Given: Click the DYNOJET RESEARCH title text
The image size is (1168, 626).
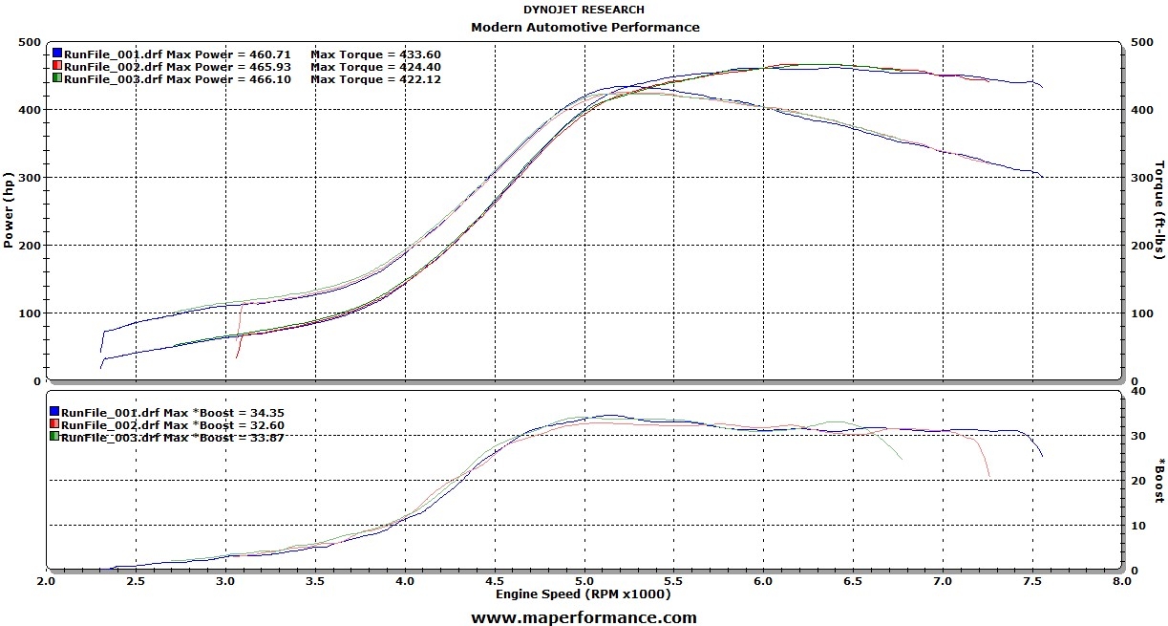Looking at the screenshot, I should (x=584, y=10).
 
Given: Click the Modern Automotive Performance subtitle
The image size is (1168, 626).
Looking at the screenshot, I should (x=584, y=27).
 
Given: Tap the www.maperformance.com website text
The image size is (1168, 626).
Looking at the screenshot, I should (x=584, y=617).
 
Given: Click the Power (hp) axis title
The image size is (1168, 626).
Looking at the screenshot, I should (x=9, y=210).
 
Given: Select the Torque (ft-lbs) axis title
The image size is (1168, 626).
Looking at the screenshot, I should (x=1159, y=210).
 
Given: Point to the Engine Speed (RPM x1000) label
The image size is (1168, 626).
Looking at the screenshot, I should (x=583, y=594).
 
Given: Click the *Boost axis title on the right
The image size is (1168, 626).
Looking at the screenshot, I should (x=1159, y=480).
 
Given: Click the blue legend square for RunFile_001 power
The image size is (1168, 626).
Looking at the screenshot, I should (x=58, y=54).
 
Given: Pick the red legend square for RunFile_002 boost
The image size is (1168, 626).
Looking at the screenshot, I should (x=54, y=423).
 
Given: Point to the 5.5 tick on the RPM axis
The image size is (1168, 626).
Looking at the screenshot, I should (x=674, y=580).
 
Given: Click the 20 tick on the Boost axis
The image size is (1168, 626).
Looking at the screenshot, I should (x=1136, y=480).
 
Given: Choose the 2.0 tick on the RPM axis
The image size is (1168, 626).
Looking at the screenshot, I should (x=46, y=580).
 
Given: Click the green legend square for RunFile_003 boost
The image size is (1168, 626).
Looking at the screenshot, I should (x=54, y=436).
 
